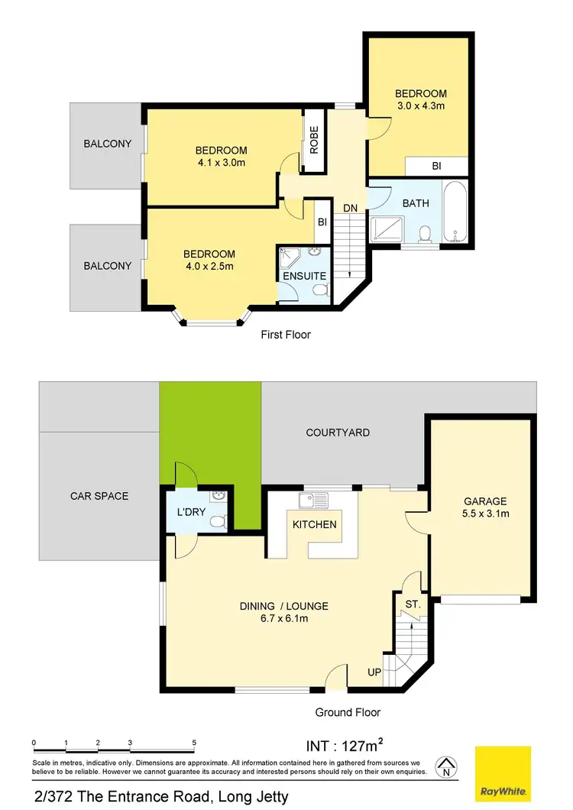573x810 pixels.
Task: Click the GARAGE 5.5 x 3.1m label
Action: click(485, 507)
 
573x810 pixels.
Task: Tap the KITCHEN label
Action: click(315, 524)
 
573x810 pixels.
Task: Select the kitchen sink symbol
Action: click(314, 501)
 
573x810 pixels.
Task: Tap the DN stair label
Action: click(350, 208)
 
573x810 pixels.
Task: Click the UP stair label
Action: click(374, 672)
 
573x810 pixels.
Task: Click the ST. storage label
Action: click(413, 604)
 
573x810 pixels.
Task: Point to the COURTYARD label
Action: click(338, 433)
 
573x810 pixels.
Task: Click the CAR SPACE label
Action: click(99, 496)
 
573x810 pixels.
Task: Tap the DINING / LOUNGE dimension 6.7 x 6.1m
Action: click(284, 619)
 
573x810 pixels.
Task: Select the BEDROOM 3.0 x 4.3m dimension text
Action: click(420, 105)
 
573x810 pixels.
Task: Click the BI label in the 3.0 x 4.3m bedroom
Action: click(436, 166)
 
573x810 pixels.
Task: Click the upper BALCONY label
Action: click(108, 144)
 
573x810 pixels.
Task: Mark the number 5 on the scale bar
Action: click(195, 743)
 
